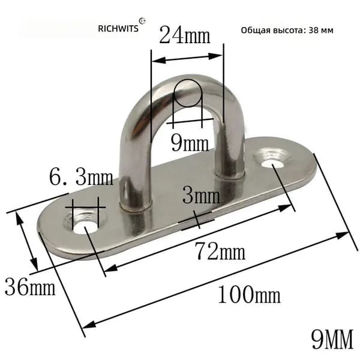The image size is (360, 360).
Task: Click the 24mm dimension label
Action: (x=185, y=35)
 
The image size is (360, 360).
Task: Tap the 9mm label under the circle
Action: (x=190, y=143)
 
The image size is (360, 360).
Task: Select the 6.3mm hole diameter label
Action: (x=81, y=177)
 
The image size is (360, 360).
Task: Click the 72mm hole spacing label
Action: (x=220, y=251)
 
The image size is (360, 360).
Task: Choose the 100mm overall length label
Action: (x=249, y=295)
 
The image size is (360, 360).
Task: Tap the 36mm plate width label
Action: (x=30, y=286)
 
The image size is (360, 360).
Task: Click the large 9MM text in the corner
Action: (x=332, y=339)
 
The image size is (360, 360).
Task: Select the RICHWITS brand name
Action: (x=118, y=28)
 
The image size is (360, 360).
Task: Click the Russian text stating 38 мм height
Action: (x=287, y=30)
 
